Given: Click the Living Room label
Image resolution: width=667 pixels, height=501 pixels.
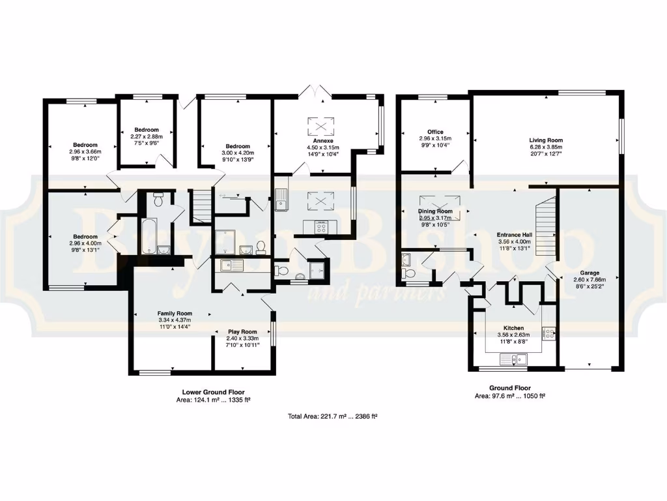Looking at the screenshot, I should (546, 140).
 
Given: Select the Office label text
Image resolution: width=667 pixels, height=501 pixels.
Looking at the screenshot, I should (435, 132).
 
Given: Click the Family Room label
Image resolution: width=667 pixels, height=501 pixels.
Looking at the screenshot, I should (175, 313).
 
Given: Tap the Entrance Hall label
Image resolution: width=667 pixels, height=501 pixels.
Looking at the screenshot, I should (514, 234).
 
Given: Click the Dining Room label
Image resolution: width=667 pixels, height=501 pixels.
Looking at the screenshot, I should (435, 211).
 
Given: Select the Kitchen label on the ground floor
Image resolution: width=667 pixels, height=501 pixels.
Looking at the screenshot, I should (514, 329).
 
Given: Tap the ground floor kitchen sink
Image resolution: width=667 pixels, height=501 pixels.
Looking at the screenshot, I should (514, 358).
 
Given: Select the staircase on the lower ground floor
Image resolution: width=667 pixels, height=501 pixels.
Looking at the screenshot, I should (201, 200).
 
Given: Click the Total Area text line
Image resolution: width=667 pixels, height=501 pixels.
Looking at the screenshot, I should (333, 416).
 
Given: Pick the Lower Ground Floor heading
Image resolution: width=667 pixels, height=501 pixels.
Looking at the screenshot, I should (214, 392).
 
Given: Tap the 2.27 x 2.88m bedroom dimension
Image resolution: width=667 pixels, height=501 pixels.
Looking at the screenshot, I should (147, 137).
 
